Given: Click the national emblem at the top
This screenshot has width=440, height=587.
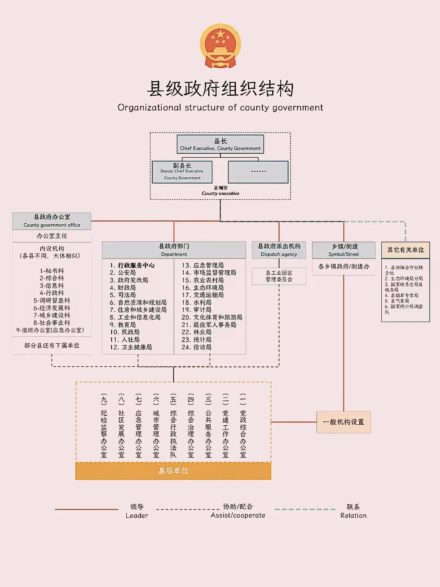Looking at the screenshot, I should (x=220, y=46).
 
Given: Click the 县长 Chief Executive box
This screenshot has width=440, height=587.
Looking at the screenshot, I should (x=220, y=144).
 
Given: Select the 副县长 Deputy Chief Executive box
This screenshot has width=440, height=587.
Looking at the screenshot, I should (x=182, y=172).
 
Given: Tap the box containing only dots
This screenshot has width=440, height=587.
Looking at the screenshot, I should (x=258, y=172).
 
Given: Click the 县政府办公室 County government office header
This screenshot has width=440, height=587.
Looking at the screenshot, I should (x=52, y=221).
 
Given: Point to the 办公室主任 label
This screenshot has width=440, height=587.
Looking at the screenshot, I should (x=52, y=236).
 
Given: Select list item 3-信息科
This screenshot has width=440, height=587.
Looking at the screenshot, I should (x=52, y=286).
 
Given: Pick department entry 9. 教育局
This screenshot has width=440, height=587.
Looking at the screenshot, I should (x=123, y=325).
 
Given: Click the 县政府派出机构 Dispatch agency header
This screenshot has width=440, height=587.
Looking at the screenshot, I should (x=279, y=250).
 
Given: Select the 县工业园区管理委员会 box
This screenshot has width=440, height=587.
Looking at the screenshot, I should (x=279, y=276).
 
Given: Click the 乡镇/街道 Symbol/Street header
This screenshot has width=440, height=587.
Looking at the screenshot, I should (x=343, y=250).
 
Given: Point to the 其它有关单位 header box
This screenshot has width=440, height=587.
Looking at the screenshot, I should (x=405, y=250).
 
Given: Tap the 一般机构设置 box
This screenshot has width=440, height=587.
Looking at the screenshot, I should (x=343, y=422).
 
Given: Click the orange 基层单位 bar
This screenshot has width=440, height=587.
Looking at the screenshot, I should (x=173, y=471).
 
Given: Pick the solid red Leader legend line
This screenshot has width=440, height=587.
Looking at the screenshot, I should (x=86, y=509).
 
